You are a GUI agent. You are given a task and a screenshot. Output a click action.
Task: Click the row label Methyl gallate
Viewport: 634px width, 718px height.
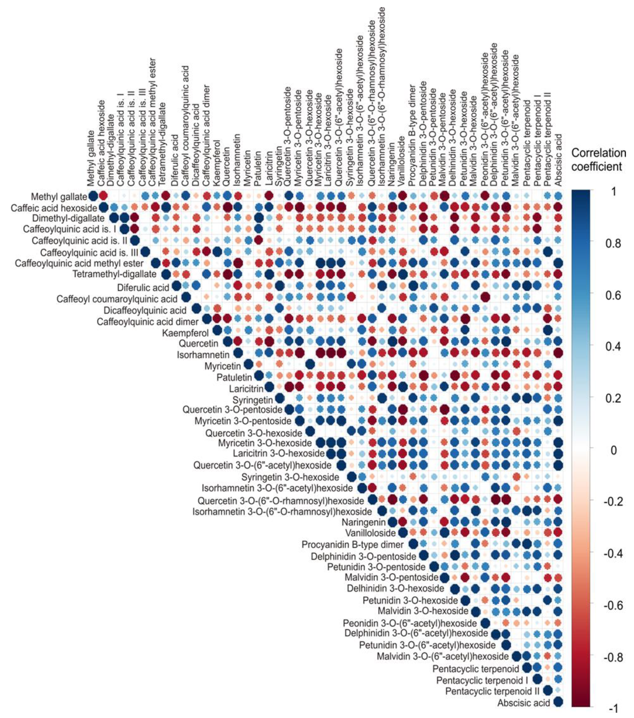[x=59, y=197]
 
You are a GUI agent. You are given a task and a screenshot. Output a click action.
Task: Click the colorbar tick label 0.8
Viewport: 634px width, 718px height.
[x=613, y=243]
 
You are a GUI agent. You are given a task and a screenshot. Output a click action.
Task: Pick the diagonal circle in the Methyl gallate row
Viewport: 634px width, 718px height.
[x=93, y=196]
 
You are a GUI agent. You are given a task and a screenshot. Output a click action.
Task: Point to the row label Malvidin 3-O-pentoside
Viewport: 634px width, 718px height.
[x=391, y=577]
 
